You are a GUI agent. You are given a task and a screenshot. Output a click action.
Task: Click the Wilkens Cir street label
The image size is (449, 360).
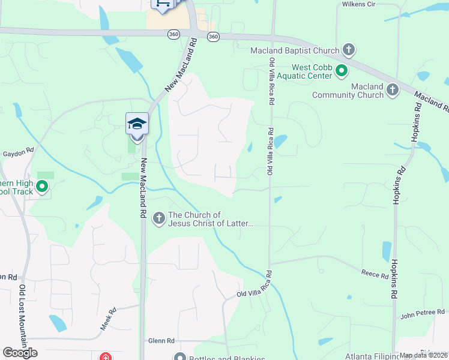click(x=359, y=4)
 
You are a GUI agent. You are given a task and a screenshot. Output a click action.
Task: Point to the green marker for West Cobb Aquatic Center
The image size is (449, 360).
click(x=342, y=72)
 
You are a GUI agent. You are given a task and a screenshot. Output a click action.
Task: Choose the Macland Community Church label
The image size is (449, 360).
click(x=348, y=91)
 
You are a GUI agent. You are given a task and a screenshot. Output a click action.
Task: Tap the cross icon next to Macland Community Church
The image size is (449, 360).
click(x=393, y=91)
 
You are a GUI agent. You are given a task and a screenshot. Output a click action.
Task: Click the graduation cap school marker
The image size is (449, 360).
click(x=137, y=124)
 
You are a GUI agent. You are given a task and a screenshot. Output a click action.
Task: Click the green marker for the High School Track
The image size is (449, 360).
click(x=42, y=187)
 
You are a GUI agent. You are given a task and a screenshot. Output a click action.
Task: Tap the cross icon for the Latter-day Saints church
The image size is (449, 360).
click(x=159, y=218)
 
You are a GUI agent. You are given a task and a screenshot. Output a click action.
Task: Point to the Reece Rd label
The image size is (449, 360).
click(x=375, y=275)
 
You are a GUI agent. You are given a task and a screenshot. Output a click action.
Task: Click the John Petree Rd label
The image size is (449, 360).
click(x=423, y=313)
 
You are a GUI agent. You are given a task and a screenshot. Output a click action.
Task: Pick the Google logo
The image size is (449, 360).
click(x=20, y=353)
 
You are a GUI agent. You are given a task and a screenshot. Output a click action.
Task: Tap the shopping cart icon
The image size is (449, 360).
click(x=163, y=4)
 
